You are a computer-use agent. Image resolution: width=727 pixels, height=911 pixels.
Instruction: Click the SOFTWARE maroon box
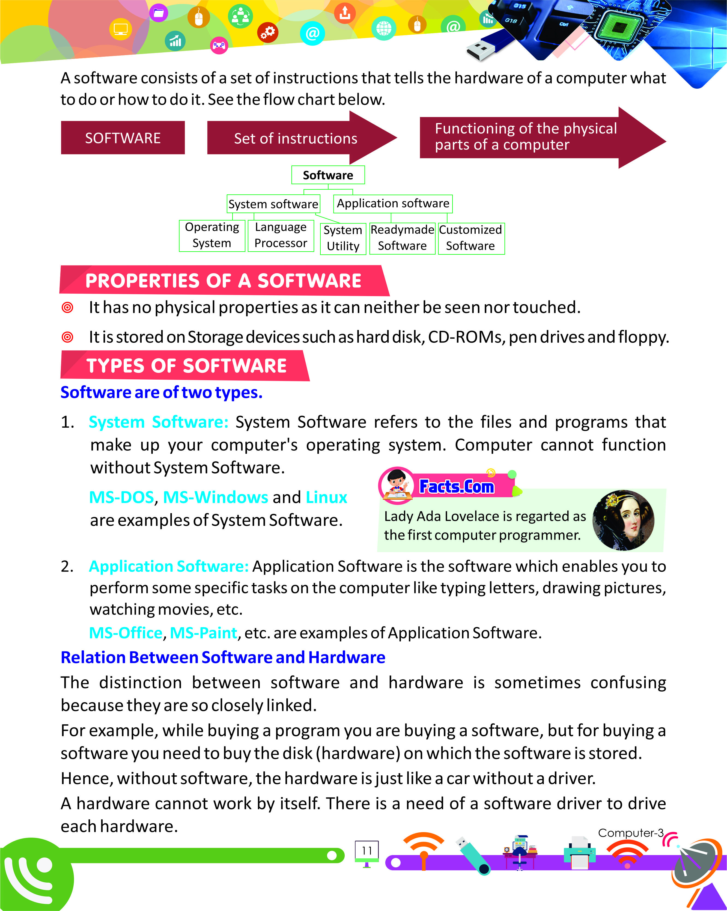tap(123, 138)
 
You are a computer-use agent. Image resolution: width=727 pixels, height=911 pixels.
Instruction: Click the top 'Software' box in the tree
tap(328, 175)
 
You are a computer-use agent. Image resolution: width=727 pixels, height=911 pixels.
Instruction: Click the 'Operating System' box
tap(212, 235)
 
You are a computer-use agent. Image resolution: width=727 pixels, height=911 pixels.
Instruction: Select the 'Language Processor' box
tap(281, 235)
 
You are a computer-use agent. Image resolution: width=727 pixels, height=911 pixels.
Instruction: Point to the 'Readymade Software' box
tap(402, 238)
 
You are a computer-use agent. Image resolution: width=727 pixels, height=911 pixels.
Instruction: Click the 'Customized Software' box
tap(470, 238)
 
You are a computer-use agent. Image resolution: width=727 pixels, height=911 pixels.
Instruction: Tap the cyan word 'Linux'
tap(326, 497)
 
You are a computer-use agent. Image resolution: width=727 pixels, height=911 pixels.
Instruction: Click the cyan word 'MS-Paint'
tap(203, 633)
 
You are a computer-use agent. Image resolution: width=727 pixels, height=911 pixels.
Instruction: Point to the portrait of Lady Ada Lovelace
tap(623, 520)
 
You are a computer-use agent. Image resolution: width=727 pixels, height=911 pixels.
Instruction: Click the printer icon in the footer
tap(580, 852)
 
